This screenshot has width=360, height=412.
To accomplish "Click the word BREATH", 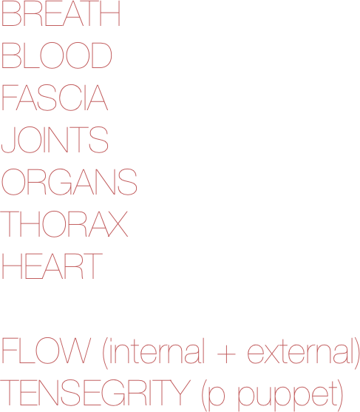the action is tap(61, 13).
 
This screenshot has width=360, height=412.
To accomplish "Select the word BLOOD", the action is tap(57, 55).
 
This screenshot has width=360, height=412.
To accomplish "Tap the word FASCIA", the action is tap(55, 97).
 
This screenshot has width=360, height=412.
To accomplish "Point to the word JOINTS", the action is tap(55, 140).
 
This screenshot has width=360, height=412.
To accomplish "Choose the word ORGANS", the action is tap(69, 181).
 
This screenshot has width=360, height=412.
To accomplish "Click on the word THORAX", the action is tap(64, 223).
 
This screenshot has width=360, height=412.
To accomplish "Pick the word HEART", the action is tap(52, 266).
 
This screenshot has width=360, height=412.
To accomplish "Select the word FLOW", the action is tap(47, 351).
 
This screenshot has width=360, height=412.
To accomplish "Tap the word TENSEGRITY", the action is tap(95, 393).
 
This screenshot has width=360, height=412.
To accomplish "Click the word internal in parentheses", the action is tap(157, 351).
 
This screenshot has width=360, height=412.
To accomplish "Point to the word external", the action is tap(301, 351).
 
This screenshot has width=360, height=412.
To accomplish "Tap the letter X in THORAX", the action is tap(118, 223).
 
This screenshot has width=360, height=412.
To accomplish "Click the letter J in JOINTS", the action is tap(8, 140).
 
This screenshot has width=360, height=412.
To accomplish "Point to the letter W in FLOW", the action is tap(76, 351).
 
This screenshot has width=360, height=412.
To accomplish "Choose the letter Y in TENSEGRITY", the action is tap(180, 393).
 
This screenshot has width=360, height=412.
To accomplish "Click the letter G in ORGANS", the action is tap(60, 181).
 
